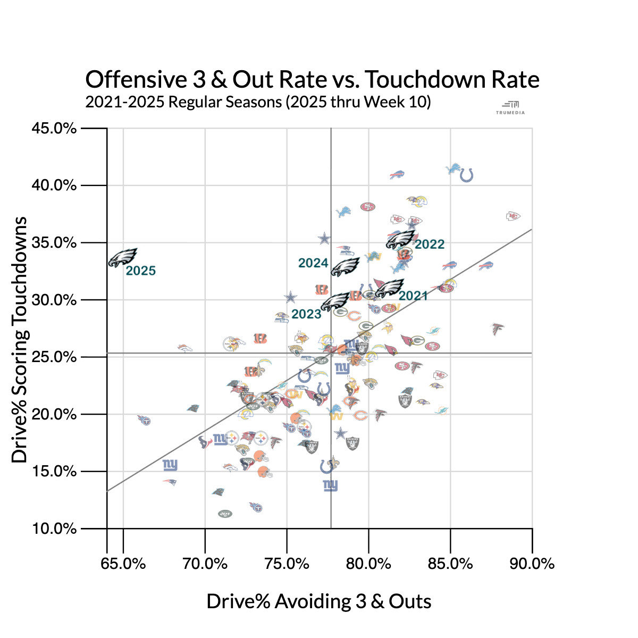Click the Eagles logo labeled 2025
(x=123, y=257)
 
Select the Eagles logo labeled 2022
(x=400, y=239)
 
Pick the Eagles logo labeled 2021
(x=390, y=288)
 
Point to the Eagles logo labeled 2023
(x=335, y=302)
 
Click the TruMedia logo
(x=510, y=107)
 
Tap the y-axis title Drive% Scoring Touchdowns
(x=20, y=339)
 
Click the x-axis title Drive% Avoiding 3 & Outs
(x=319, y=601)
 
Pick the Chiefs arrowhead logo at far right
(x=513, y=216)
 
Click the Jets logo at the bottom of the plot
(x=225, y=514)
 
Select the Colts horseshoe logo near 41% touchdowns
(x=466, y=174)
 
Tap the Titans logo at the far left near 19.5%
(x=144, y=421)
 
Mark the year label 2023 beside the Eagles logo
(x=306, y=314)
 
